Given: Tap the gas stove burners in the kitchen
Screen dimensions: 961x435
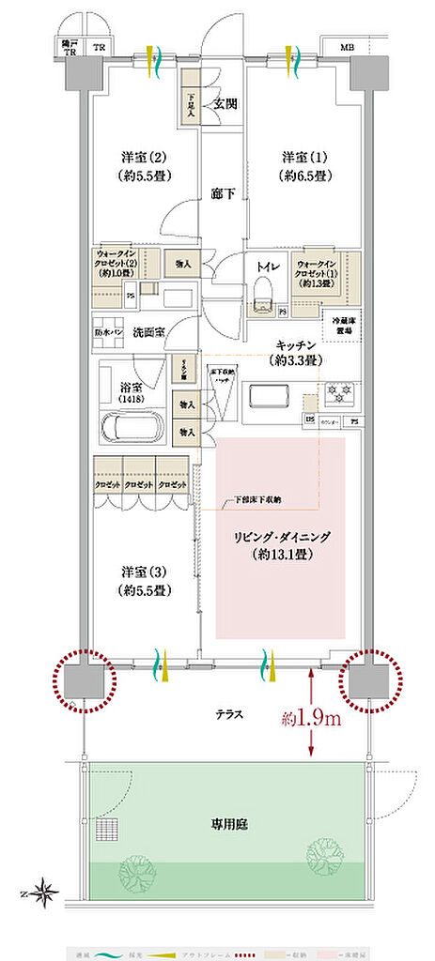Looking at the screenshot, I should pos(336,391).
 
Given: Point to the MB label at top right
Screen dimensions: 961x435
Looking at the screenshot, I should pos(347,47).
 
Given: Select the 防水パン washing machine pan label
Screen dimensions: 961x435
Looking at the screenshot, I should pos(110,331).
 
